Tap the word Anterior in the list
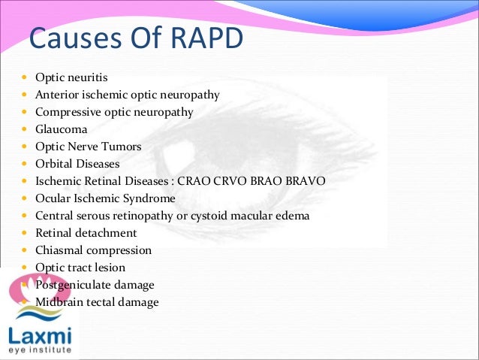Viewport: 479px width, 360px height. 56,95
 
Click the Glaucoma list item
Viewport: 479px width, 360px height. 62,129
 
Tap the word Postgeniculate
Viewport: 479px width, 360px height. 73,285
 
